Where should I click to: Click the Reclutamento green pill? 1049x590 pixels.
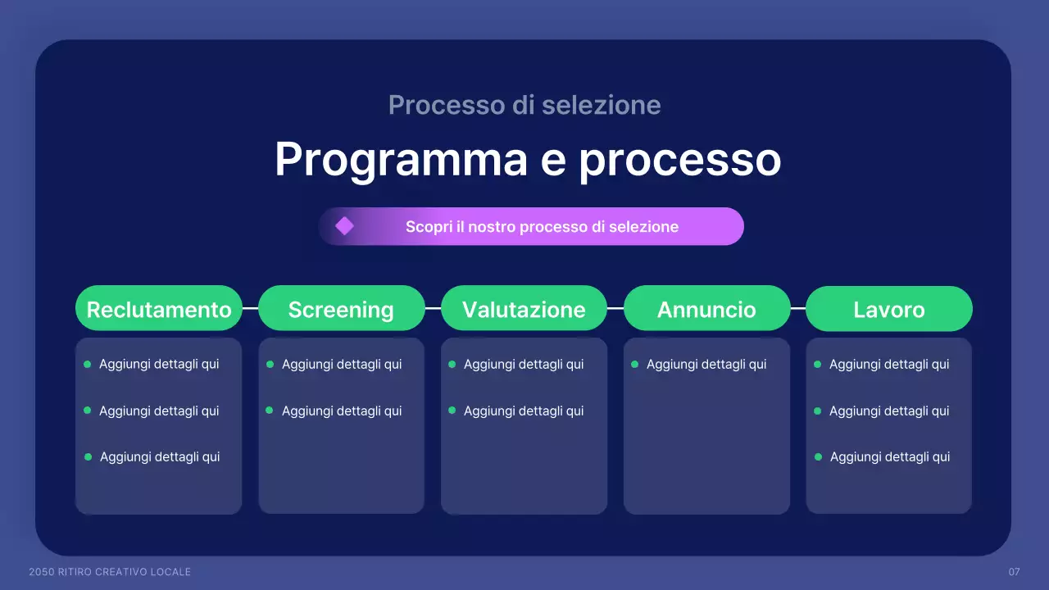click(159, 309)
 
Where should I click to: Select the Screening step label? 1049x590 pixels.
click(341, 309)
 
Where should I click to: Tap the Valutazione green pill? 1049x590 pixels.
click(524, 309)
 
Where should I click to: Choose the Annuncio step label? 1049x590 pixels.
click(706, 309)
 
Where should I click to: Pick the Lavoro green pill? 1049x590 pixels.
click(889, 309)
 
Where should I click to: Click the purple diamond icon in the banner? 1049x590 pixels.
click(344, 226)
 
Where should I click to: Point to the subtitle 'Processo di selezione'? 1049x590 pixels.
click(524, 105)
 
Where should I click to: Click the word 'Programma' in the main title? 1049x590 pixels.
click(401, 159)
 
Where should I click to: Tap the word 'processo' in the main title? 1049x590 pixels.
click(679, 159)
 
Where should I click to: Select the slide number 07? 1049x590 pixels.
click(1014, 571)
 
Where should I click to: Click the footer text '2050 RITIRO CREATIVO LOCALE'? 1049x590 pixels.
click(110, 571)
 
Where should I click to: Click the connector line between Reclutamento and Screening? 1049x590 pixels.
click(251, 308)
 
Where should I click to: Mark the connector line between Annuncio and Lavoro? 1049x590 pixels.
click(798, 308)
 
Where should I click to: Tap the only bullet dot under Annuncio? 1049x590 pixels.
click(634, 364)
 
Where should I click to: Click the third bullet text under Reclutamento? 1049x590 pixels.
click(160, 456)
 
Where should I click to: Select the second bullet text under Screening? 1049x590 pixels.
click(342, 411)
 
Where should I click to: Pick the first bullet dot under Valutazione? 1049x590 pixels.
click(452, 364)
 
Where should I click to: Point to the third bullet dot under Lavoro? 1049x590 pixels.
click(818, 456)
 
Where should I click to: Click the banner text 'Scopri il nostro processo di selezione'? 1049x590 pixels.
click(542, 226)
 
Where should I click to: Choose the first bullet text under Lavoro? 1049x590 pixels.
click(889, 364)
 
